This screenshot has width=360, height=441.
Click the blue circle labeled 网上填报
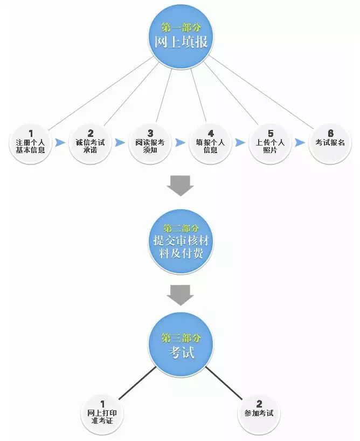(x=181, y=37)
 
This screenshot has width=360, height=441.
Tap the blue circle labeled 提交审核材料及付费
(x=181, y=242)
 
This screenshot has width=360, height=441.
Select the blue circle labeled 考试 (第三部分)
(x=181, y=345)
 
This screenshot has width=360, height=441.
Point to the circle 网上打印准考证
(x=102, y=414)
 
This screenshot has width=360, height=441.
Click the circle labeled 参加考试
(x=259, y=414)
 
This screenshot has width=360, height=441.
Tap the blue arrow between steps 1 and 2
(x=60, y=142)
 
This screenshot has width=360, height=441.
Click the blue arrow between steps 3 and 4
(x=180, y=142)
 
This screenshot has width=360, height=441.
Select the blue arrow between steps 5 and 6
(x=300, y=142)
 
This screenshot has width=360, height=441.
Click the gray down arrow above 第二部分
(x=181, y=186)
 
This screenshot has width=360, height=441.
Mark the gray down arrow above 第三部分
(x=181, y=295)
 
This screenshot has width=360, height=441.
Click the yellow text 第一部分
(x=181, y=27)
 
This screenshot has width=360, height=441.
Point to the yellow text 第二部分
(x=181, y=228)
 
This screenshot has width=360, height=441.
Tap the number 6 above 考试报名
(x=330, y=133)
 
